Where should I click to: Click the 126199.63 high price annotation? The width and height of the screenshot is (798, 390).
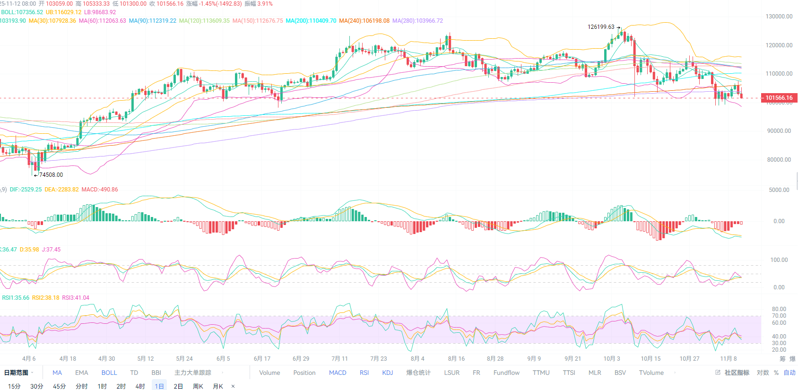[601, 27]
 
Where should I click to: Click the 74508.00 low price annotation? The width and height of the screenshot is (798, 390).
[51, 175]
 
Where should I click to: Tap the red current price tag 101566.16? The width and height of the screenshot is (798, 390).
[779, 98]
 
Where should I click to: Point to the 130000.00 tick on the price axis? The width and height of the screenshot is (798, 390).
[779, 17]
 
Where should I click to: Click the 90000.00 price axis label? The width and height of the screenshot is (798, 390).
[779, 131]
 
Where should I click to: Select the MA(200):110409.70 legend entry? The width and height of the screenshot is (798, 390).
[311, 21]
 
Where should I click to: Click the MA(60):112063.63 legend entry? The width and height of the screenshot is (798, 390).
[103, 21]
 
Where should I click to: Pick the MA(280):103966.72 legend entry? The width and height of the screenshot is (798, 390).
[417, 21]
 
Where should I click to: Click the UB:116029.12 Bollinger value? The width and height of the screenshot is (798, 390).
[63, 12]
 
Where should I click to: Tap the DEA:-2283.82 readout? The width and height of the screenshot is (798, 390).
[61, 190]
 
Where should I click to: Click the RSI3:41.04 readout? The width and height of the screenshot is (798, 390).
[76, 298]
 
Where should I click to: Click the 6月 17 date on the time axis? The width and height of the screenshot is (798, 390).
[262, 359]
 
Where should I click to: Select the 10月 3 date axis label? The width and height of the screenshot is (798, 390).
[612, 359]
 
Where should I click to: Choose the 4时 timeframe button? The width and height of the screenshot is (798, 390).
[140, 386]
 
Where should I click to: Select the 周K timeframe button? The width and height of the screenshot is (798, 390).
[198, 386]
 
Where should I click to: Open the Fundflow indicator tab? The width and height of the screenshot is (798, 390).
[506, 373]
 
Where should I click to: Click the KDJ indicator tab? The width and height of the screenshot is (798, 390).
[388, 373]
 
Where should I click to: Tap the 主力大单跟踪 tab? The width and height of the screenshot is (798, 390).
[193, 373]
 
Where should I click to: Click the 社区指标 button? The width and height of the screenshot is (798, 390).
[737, 373]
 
